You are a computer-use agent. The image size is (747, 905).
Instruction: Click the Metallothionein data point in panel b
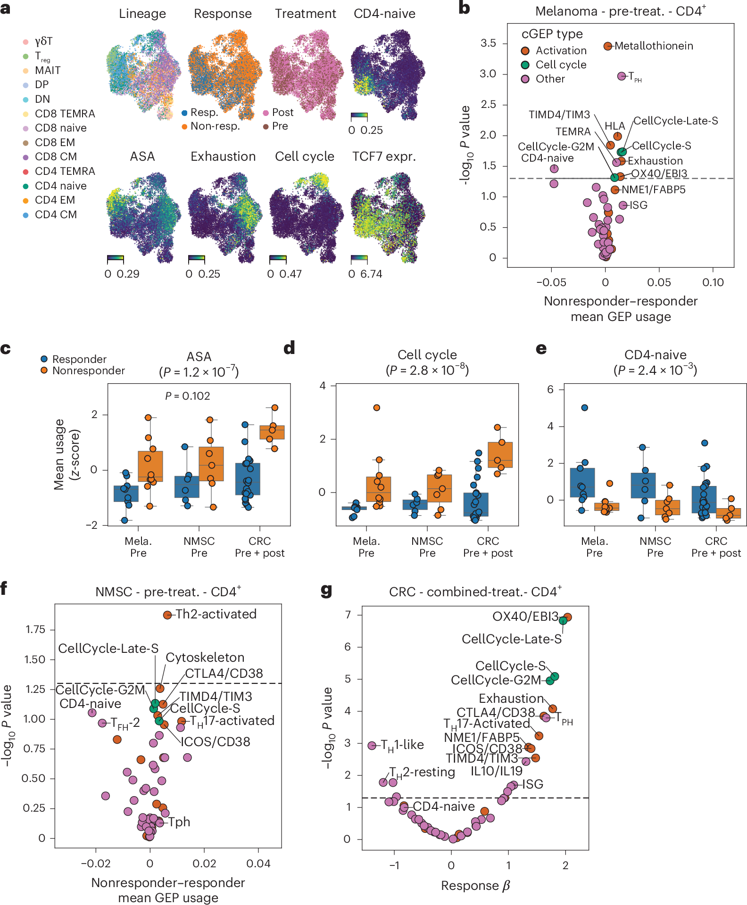(x=607, y=46)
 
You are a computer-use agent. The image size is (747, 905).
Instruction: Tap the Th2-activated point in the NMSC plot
(x=167, y=615)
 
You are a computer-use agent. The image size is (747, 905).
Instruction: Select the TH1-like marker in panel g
(x=372, y=745)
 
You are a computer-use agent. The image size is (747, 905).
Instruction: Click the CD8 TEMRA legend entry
(x=65, y=114)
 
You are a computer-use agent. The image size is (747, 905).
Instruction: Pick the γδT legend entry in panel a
(x=43, y=41)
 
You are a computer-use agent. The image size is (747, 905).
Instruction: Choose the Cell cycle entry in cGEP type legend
(x=561, y=65)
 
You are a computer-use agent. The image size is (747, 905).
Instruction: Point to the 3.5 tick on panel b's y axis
(x=488, y=43)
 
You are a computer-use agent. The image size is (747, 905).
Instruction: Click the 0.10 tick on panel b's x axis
(x=713, y=282)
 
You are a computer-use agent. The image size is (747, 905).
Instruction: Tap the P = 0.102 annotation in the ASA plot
(x=187, y=396)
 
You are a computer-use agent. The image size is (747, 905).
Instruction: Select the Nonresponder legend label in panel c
(x=89, y=370)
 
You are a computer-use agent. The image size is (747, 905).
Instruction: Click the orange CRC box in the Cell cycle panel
(x=500, y=454)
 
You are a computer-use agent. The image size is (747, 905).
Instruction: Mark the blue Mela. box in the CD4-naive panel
(x=582, y=482)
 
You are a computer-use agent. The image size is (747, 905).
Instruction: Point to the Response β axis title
(x=475, y=886)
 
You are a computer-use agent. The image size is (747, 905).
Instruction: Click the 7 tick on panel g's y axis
(x=348, y=615)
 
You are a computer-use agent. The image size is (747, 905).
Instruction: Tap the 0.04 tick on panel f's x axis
(x=258, y=864)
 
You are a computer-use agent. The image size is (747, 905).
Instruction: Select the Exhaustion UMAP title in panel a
(x=223, y=156)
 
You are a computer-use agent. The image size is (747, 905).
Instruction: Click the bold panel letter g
(x=326, y=590)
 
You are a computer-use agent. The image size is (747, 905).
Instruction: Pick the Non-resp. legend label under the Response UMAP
(x=215, y=126)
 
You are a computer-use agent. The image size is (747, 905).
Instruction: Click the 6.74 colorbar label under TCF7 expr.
(x=371, y=274)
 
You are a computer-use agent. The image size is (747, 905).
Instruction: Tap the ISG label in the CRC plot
(x=532, y=784)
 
